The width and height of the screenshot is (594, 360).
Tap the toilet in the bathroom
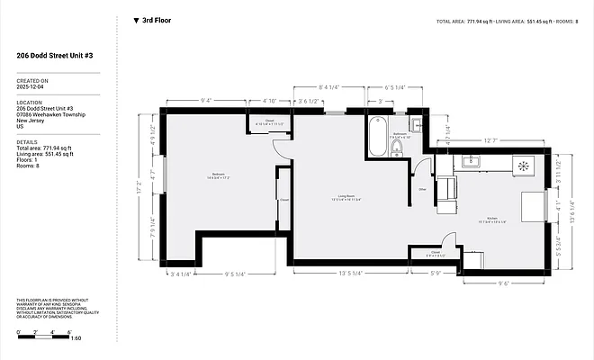[397, 146]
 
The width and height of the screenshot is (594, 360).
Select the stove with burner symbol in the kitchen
[523, 165]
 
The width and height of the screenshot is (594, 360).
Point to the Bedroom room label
[219, 175]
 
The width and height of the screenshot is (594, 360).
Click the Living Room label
[343, 196]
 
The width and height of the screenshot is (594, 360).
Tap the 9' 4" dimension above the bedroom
[206, 101]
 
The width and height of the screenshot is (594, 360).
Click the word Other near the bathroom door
[422, 190]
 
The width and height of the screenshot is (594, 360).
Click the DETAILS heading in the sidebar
[27, 141]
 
